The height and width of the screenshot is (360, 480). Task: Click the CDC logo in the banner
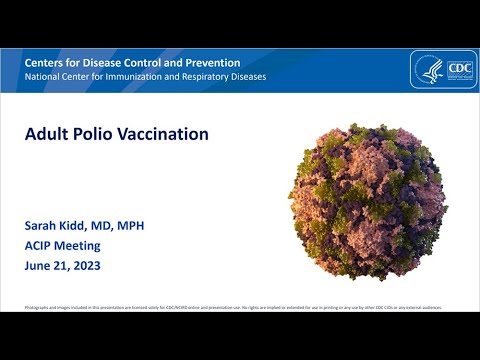tap(443, 71)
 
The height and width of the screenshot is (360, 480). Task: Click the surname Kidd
tap(82, 226)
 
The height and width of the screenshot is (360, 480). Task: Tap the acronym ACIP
tap(41, 246)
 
